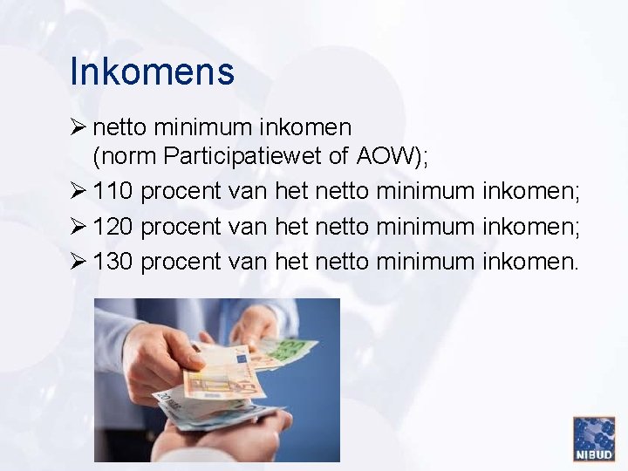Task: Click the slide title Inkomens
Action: pos(152,72)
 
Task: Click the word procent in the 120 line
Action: pos(181,226)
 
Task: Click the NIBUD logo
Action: pos(594,438)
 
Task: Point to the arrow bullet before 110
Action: pos(78,191)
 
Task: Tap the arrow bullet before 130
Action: pos(78,260)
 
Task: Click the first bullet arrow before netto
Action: pos(78,127)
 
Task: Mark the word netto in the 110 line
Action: pos(342,191)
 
